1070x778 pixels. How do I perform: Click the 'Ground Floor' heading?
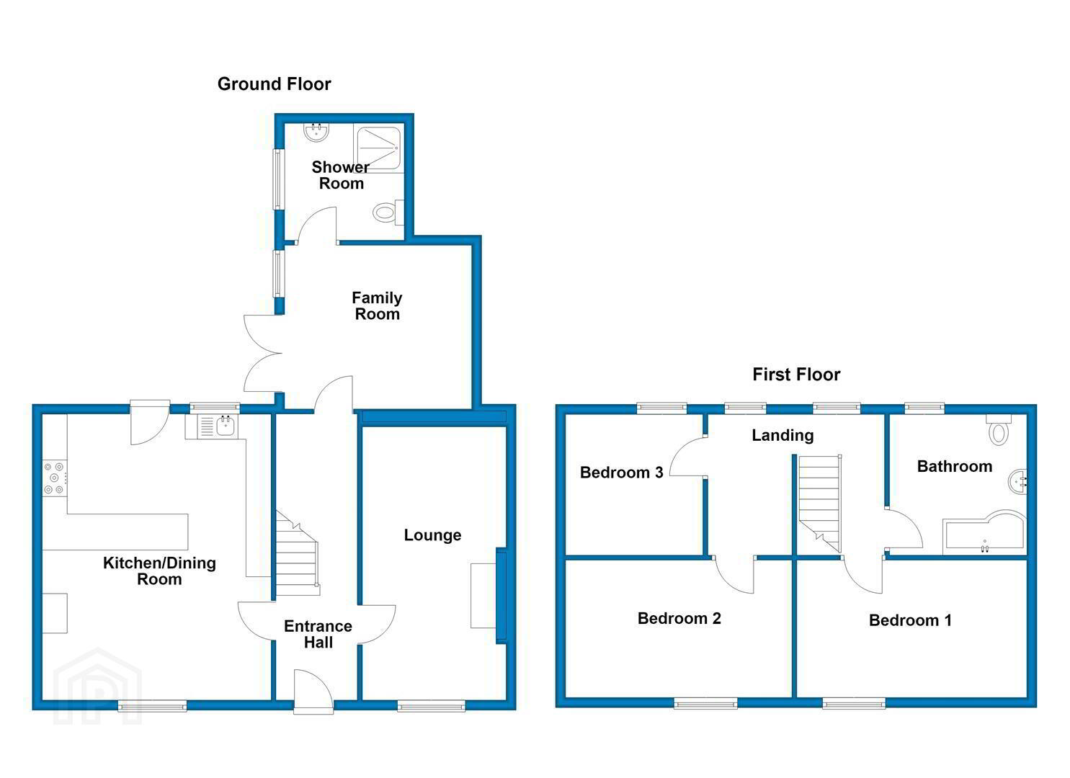coord(275,84)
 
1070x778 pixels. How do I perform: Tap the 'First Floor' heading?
coord(796,375)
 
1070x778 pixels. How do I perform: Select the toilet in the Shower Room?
coord(388,212)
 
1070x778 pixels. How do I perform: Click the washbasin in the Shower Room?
coord(316,132)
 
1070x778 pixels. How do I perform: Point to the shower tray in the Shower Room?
coord(379,148)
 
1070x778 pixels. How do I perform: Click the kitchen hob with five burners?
coord(55,478)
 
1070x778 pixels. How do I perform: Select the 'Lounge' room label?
coord(432,535)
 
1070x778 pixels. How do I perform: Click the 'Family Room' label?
coord(377,306)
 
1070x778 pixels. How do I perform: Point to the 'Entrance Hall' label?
coord(318,634)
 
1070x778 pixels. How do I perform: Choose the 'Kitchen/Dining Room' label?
coord(159,571)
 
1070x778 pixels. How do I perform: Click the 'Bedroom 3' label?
coord(621,473)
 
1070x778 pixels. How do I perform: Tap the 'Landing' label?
coord(783,436)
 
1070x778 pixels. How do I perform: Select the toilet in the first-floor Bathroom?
coord(999,430)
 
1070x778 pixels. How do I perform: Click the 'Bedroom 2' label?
coord(679,619)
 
